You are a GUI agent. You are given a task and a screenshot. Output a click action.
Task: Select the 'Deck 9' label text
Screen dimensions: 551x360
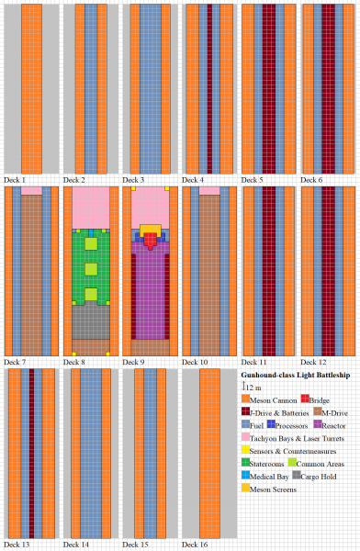pyautogui.click(x=134, y=362)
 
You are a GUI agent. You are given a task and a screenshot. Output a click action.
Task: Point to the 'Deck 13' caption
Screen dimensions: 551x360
pyautogui.click(x=18, y=545)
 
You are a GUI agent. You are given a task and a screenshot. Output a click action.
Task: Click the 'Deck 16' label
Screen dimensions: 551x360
pyautogui.click(x=195, y=545)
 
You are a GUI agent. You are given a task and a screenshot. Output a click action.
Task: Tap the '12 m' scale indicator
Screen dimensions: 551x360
pyautogui.click(x=253, y=388)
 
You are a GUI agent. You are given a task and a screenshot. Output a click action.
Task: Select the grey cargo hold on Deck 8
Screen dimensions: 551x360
pyautogui.click(x=90, y=322)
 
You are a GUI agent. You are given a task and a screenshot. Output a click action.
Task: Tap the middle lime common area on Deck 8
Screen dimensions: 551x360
pyautogui.click(x=91, y=269)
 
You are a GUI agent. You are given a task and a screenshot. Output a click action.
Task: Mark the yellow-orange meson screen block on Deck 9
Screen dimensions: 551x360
pyautogui.click(x=151, y=228)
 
